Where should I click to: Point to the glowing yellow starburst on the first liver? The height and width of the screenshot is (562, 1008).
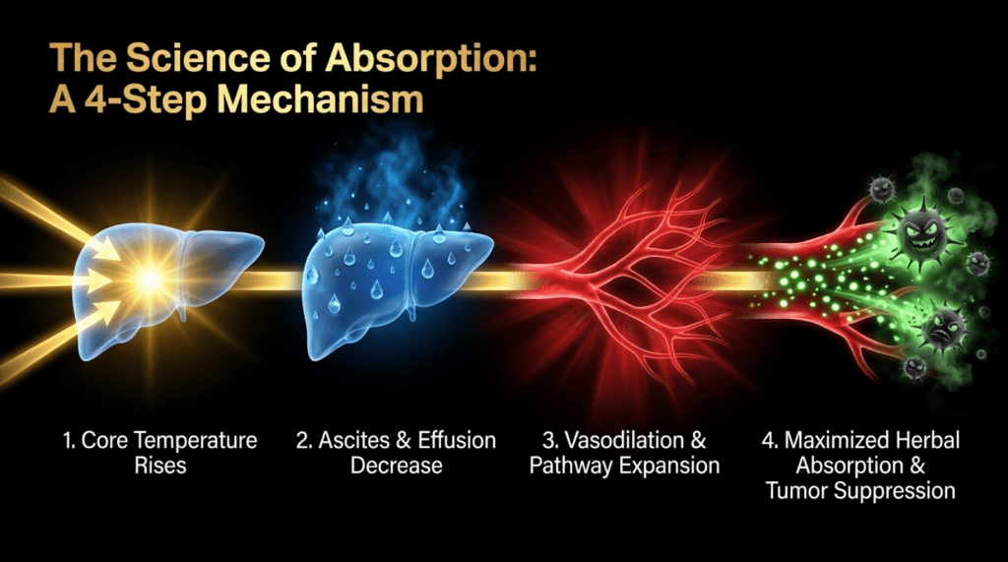(151, 280)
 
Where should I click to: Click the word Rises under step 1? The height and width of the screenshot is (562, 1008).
(160, 466)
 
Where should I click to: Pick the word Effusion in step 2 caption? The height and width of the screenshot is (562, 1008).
(457, 441)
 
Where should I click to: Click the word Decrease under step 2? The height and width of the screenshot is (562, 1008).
(396, 466)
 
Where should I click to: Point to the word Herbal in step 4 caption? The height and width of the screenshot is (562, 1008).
(925, 441)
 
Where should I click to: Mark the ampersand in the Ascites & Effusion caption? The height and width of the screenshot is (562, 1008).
(403, 441)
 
